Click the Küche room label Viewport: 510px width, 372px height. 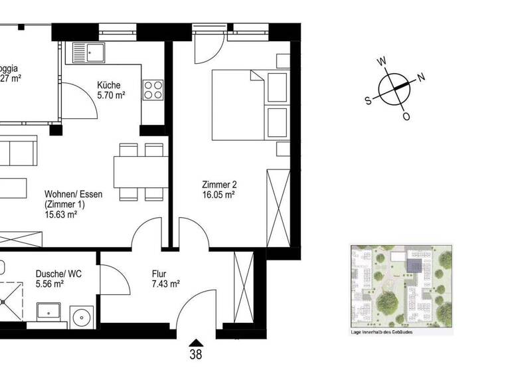[108, 85]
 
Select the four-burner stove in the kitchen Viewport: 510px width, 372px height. [153, 89]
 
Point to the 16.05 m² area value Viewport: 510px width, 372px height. [220, 195]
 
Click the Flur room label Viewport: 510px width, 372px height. [158, 274]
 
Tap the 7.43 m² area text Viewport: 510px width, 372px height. [165, 284]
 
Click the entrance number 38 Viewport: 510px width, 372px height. [195, 355]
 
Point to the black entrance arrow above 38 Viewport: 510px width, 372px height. [195, 341]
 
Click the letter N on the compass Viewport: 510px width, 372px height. [421, 76]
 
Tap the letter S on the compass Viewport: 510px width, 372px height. [367, 101]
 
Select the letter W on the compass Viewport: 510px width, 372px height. [382, 62]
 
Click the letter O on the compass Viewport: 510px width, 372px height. [406, 116]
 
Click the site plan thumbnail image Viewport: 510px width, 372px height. [401, 286]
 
